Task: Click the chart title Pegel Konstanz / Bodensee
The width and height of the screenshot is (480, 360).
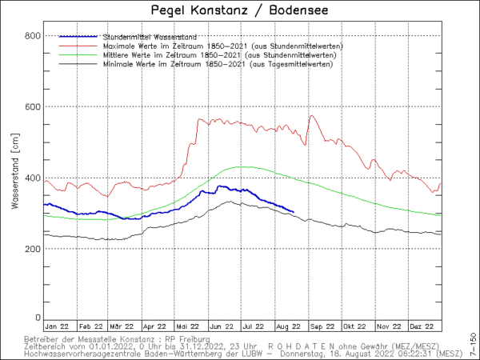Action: [x=239, y=10]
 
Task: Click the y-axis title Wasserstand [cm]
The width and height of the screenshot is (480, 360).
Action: [x=15, y=178]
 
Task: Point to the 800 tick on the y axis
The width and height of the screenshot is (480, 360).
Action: [x=33, y=36]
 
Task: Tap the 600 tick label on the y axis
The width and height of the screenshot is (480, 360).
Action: [x=33, y=107]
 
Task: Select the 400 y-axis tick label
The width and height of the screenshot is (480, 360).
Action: [x=33, y=178]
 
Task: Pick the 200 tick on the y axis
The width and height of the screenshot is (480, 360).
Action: [x=33, y=249]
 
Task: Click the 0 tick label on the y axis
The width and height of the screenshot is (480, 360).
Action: [x=38, y=318]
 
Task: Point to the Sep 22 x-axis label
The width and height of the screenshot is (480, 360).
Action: [x=323, y=326]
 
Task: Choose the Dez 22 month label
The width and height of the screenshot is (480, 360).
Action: [x=422, y=326]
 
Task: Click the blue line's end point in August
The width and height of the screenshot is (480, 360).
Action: [x=294, y=212]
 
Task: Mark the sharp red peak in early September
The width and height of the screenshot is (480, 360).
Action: [x=310, y=116]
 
